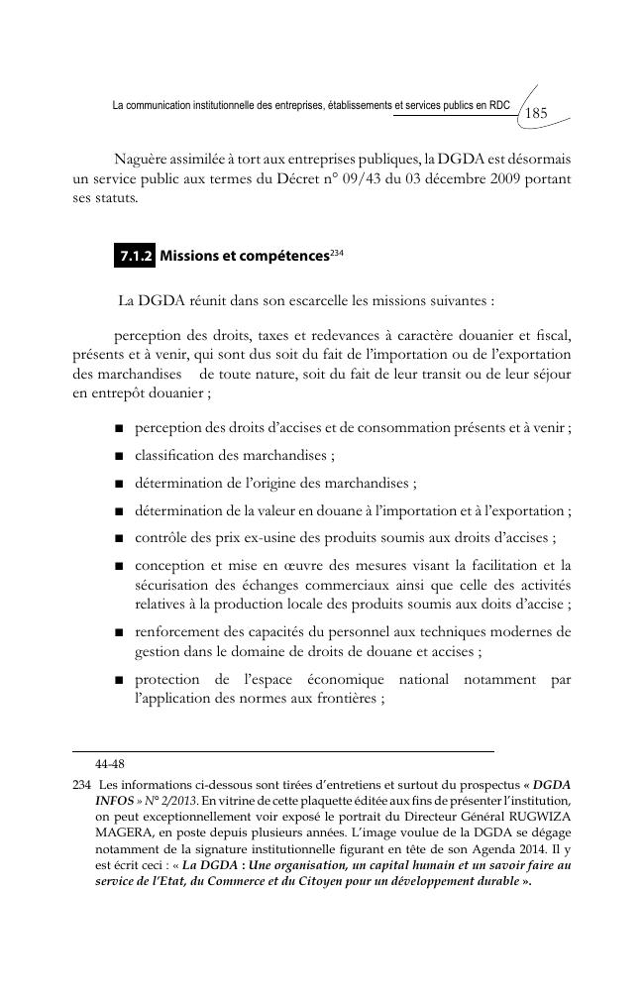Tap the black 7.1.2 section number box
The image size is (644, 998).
pyautogui.click(x=135, y=256)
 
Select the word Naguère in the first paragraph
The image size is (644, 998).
pyautogui.click(x=146, y=159)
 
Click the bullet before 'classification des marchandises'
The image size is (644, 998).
pyautogui.click(x=118, y=457)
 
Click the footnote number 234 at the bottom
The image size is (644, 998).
pyautogui.click(x=82, y=783)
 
